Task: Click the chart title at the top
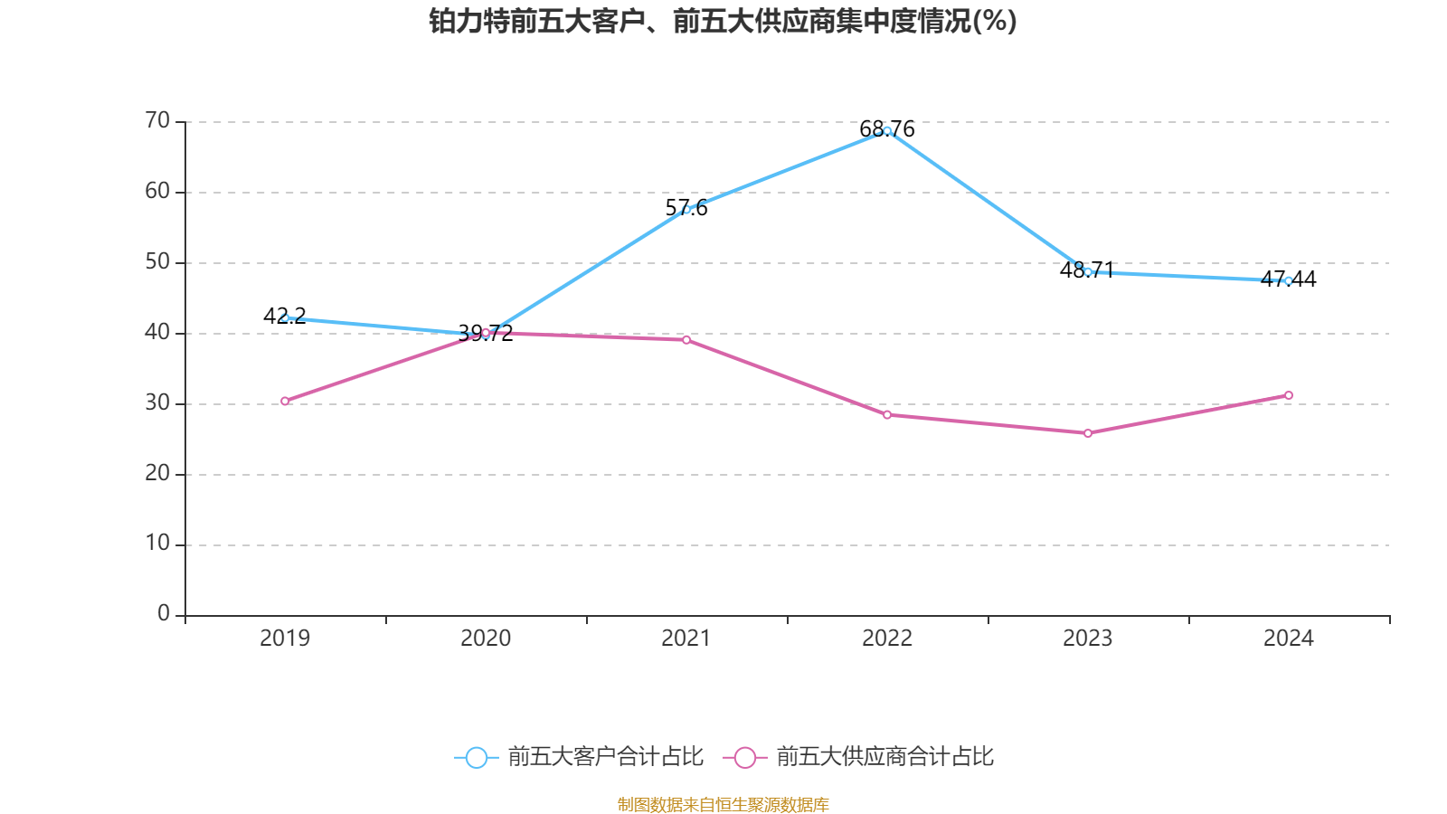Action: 723,21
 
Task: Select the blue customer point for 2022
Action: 887,131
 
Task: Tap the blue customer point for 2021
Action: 686,210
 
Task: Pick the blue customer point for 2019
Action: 285,317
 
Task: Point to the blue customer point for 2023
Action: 1088,271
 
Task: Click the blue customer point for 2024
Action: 1289,280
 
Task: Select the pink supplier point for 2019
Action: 285,401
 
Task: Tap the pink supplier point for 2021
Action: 686,340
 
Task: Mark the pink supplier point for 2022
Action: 887,414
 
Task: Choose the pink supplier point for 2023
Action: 1088,433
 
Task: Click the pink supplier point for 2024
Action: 1289,395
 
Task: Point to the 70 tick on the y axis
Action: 157,121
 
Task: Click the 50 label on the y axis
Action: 157,262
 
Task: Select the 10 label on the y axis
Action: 157,544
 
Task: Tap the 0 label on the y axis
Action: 164,614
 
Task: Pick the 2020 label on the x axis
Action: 486,639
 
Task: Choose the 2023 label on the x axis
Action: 1088,639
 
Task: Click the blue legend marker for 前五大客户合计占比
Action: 476,757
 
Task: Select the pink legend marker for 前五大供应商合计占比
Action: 745,757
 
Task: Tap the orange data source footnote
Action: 723,804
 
